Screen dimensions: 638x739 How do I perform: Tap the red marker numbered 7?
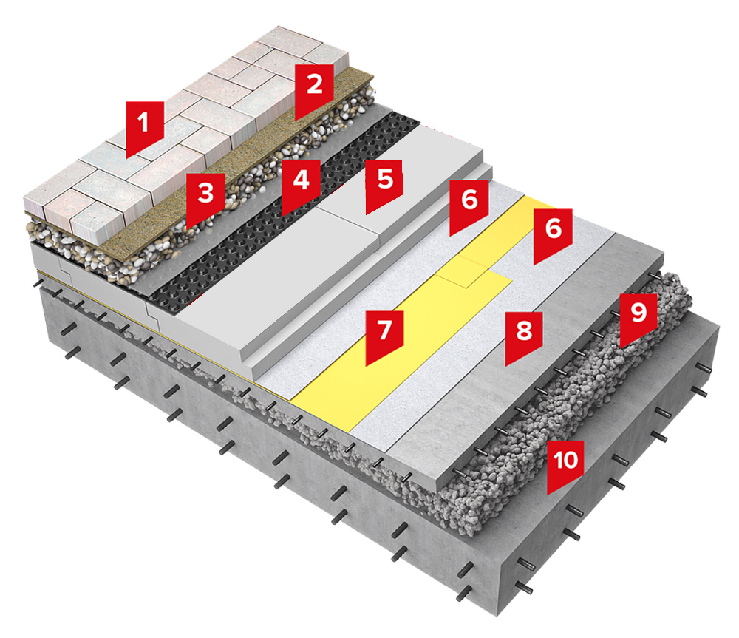pos(383,334)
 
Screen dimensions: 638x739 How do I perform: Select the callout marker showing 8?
pos(524,336)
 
